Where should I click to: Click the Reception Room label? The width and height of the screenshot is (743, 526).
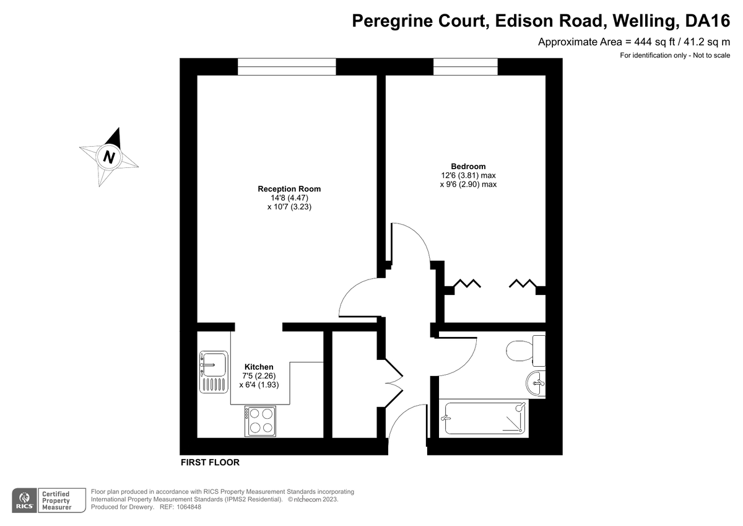point(289,189)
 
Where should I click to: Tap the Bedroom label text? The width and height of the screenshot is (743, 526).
point(468,166)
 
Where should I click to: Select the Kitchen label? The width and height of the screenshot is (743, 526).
point(259,367)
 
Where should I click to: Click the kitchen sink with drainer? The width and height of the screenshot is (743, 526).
point(214,372)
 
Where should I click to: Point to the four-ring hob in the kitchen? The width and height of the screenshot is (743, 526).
point(261,421)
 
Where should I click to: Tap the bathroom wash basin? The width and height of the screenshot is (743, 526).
point(536,384)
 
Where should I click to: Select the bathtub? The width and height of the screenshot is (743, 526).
point(484,418)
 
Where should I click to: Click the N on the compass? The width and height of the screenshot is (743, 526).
point(109,157)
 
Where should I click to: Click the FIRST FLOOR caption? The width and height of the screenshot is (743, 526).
point(210,462)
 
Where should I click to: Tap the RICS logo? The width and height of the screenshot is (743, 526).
point(25,501)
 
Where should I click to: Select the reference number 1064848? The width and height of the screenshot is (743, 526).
point(189,507)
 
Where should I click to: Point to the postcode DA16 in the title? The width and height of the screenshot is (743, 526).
point(707,20)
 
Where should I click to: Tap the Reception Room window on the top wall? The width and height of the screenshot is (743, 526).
point(287,67)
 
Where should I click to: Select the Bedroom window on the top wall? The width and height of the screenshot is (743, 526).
point(466,67)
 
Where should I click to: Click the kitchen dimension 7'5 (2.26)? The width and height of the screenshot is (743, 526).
point(259,376)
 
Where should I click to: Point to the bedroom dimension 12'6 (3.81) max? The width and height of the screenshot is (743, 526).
point(468,175)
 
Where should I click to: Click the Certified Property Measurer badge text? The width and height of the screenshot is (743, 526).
point(57,501)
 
